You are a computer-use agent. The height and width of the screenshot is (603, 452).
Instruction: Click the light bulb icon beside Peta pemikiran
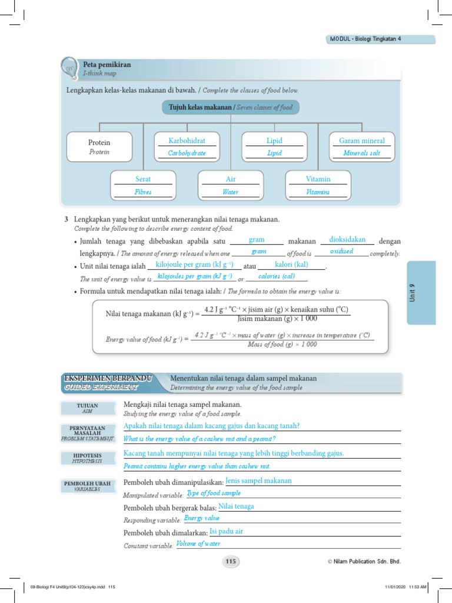tap(70, 67)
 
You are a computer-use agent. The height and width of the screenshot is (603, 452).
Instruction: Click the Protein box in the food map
tap(99, 147)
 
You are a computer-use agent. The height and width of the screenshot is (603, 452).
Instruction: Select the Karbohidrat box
tap(186, 147)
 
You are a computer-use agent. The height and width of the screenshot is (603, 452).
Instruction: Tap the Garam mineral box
tap(362, 147)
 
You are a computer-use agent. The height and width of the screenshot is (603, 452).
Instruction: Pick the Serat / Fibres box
tap(143, 185)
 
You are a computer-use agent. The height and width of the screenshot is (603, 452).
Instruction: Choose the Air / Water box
tap(230, 185)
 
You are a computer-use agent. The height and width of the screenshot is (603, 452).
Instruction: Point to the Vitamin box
tap(318, 185)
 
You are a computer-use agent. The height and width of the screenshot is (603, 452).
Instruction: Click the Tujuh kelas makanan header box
tap(231, 107)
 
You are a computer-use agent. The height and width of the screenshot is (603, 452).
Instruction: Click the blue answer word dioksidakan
tap(347, 240)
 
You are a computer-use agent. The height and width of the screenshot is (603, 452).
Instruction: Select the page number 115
tap(230, 561)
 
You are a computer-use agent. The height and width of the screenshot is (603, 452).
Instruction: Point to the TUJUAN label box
tap(87, 408)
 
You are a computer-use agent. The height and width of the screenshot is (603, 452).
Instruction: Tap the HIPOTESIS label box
tap(87, 458)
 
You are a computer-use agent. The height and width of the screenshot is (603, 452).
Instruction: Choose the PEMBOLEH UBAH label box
tap(87, 485)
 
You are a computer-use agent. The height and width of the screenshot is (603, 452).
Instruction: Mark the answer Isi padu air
tap(226, 531)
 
